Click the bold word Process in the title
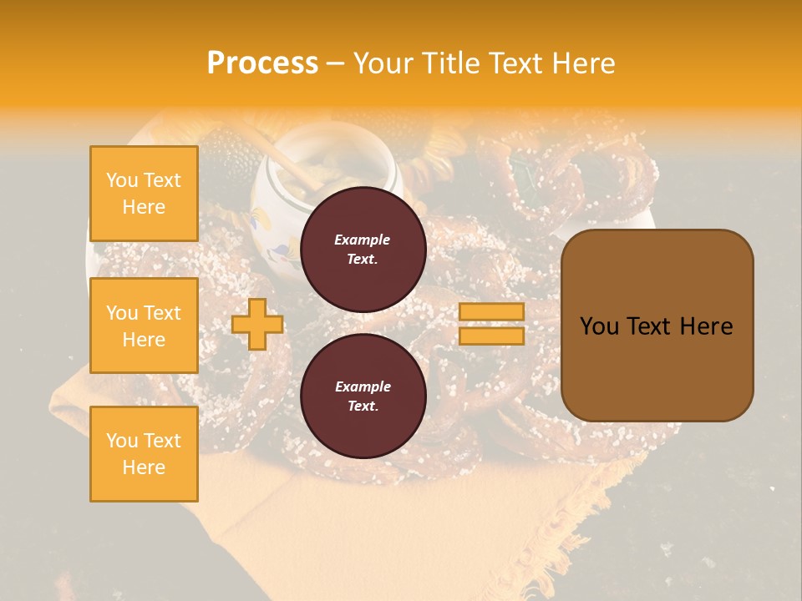point(262,63)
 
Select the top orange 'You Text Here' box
point(144,194)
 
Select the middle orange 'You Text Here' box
point(144,326)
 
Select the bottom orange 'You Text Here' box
point(144,453)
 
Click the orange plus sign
point(257,324)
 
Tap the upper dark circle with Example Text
point(363,249)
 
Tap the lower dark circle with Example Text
point(363,396)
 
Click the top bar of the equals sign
point(491,312)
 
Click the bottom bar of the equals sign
point(491,336)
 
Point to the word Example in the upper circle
point(363,240)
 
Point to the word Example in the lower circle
point(363,386)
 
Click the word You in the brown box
point(599,326)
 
